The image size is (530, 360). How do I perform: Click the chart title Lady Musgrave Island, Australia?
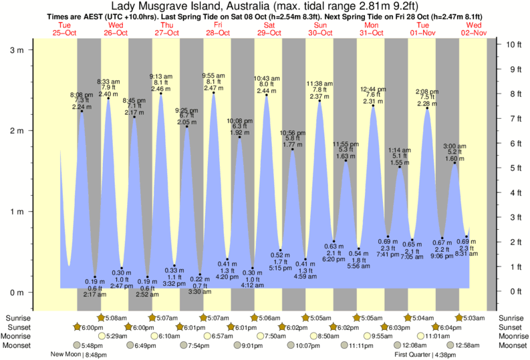[265, 6]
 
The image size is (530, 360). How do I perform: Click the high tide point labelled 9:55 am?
[214, 93]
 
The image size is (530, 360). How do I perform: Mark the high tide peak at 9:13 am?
[161, 94]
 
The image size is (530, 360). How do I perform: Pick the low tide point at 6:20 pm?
[334, 241]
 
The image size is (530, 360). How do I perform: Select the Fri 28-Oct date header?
[217, 29]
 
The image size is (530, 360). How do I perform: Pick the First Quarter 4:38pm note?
[424, 355]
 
